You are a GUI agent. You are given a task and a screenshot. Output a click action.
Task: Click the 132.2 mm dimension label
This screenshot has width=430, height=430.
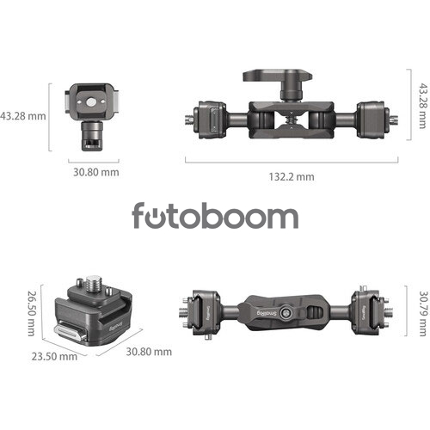pos(292,176)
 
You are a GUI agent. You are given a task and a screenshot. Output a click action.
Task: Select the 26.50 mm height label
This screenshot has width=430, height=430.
pos(31,313)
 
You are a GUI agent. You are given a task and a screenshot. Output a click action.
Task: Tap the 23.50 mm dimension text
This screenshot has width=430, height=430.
pos(54,357)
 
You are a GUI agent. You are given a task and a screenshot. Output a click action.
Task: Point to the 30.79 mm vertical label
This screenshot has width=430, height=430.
pos(423,314)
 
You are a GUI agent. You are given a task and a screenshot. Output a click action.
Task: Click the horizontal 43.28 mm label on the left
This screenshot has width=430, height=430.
pos(23,116)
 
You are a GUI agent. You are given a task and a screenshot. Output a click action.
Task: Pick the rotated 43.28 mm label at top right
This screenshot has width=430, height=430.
pos(423,106)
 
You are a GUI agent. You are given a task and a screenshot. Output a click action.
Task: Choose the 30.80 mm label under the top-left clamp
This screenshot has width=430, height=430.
pos(96,172)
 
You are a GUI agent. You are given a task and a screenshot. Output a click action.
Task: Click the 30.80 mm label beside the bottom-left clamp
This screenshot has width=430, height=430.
pos(149,352)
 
